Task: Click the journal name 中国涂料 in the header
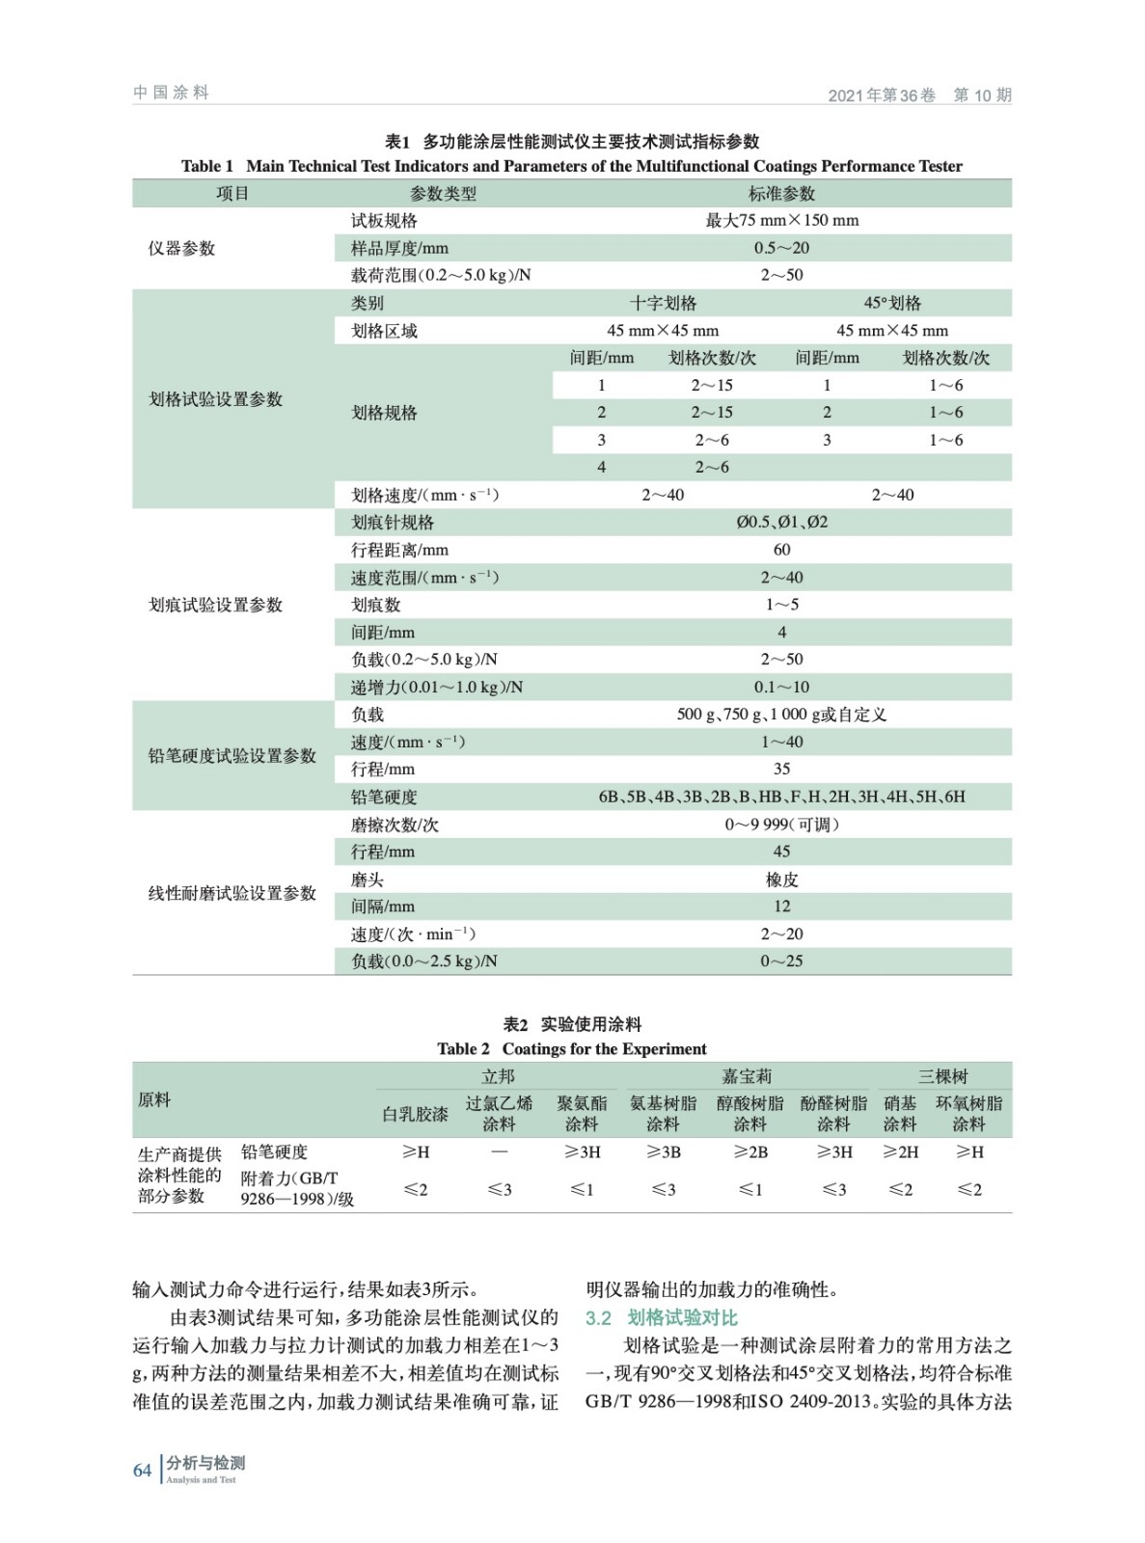[x=171, y=93]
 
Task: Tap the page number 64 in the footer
[x=142, y=1470]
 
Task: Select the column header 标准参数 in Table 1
[x=781, y=194]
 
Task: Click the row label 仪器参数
[x=181, y=249]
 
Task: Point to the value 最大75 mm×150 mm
[x=781, y=221]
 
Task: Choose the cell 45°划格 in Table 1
[x=892, y=303]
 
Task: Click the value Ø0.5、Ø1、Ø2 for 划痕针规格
[x=781, y=523]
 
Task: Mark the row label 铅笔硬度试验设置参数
[x=232, y=756]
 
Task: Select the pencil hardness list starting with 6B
[x=781, y=798]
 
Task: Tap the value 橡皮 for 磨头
[x=781, y=880]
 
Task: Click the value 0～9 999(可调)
[x=781, y=825]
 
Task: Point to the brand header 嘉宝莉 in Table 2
[x=747, y=1076]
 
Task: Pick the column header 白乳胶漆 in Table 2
[x=415, y=1114]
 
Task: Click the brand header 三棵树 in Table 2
[x=942, y=1076]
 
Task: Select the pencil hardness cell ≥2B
[x=750, y=1152]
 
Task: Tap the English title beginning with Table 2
[x=571, y=1049]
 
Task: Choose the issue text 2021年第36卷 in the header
[x=882, y=95]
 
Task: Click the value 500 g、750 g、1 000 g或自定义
[x=781, y=715]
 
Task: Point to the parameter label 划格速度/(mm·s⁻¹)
[x=424, y=496]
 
